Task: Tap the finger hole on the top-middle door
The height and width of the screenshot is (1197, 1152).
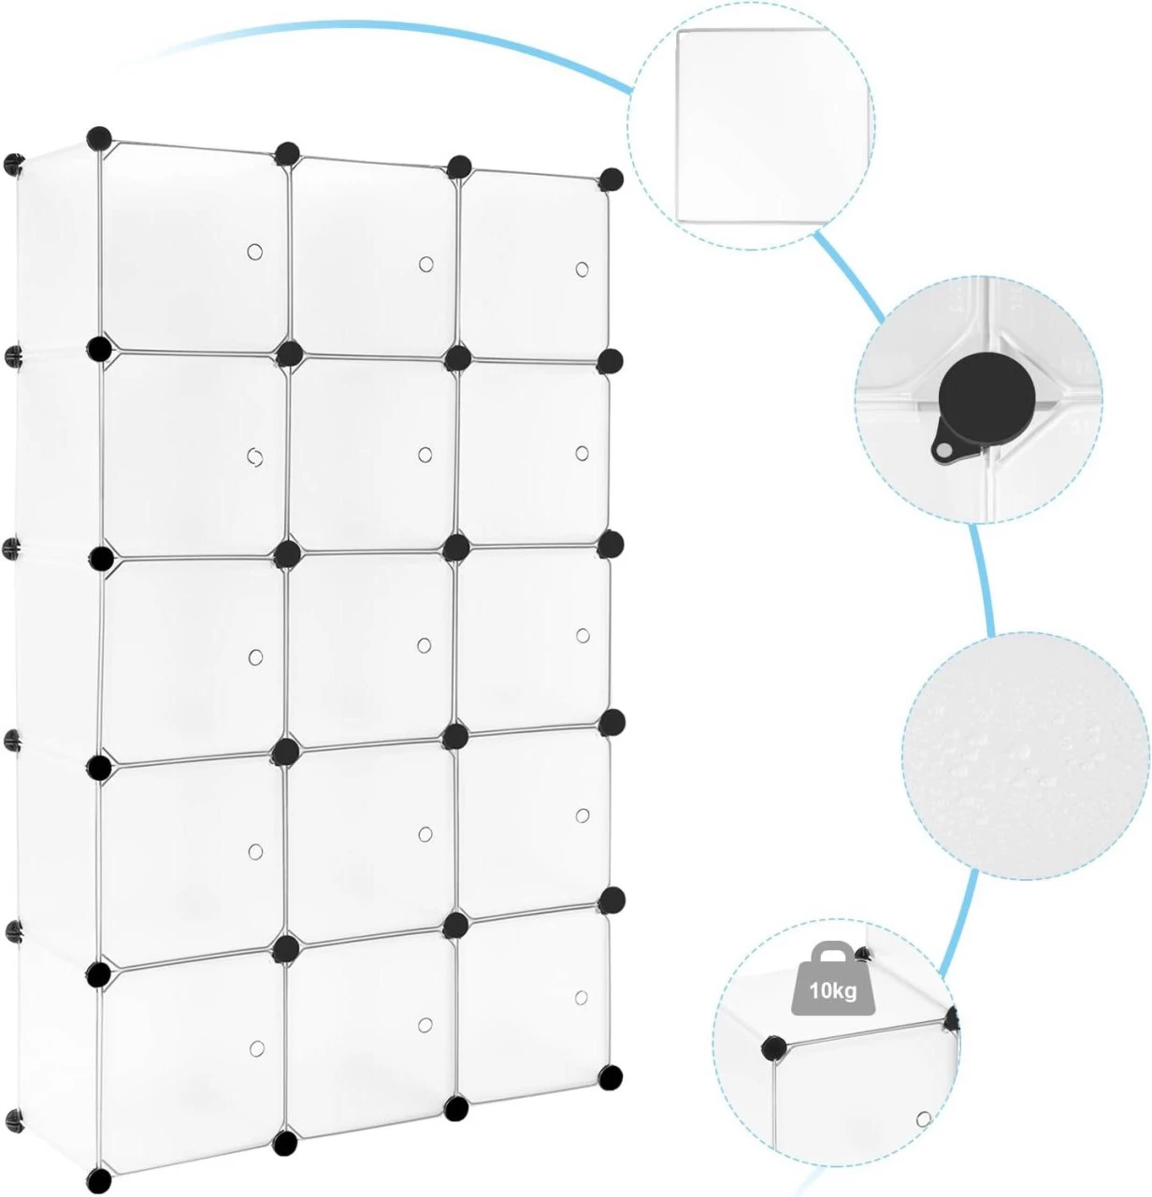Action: [x=426, y=264]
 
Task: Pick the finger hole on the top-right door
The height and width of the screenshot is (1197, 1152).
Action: [x=583, y=269]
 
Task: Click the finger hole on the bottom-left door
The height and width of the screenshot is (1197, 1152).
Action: [x=256, y=1047]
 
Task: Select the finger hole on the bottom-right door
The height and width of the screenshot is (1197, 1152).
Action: [x=582, y=997]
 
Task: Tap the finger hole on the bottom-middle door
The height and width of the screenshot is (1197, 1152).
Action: [x=425, y=1026]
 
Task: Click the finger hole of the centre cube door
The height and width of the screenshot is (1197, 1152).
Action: [x=425, y=645]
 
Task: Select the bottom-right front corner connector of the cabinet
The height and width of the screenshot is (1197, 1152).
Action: [x=611, y=1076]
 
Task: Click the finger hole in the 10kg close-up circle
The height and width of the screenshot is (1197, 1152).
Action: [x=924, y=1118]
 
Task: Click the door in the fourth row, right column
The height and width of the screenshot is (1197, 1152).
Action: [x=532, y=818]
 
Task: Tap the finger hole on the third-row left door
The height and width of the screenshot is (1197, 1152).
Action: [x=255, y=656]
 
